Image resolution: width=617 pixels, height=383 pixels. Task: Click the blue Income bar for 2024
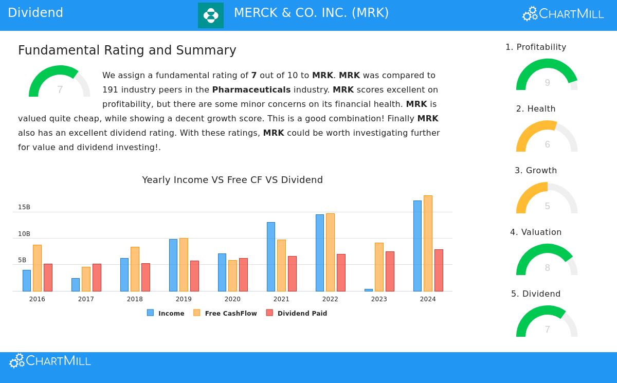(418, 246)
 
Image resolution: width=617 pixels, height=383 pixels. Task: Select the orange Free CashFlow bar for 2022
(330, 252)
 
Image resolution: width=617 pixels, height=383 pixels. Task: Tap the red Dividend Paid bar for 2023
(390, 271)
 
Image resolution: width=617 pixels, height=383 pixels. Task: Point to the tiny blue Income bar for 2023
(369, 290)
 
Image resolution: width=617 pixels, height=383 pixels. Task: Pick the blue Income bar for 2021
(271, 257)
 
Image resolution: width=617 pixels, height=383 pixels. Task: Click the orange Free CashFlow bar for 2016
(37, 268)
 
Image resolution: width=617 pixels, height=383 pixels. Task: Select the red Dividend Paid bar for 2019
(194, 276)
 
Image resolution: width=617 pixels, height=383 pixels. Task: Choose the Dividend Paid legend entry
(297, 313)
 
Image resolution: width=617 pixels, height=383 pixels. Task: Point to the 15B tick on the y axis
(24, 207)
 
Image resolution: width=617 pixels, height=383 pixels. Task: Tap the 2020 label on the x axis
(232, 299)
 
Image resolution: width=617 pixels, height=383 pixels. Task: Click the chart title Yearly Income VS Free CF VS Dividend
(232, 180)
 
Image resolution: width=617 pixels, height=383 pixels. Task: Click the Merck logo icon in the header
(211, 15)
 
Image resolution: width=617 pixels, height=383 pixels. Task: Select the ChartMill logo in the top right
(563, 14)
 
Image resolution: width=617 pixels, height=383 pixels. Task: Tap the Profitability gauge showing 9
(547, 76)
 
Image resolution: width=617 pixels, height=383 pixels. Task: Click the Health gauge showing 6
(547, 137)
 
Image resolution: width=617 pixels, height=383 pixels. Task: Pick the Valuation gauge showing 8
(547, 261)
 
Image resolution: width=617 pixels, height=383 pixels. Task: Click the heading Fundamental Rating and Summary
(127, 50)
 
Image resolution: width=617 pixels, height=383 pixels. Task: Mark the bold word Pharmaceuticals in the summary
(251, 90)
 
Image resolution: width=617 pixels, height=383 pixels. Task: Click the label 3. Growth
(536, 171)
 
